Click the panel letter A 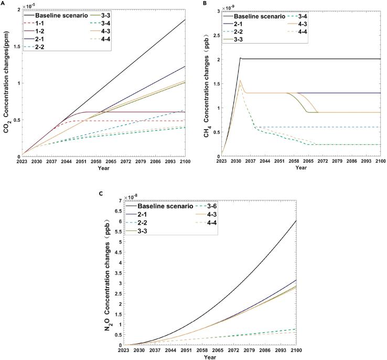3,3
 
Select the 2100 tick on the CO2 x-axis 186,162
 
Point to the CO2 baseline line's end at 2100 186,19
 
